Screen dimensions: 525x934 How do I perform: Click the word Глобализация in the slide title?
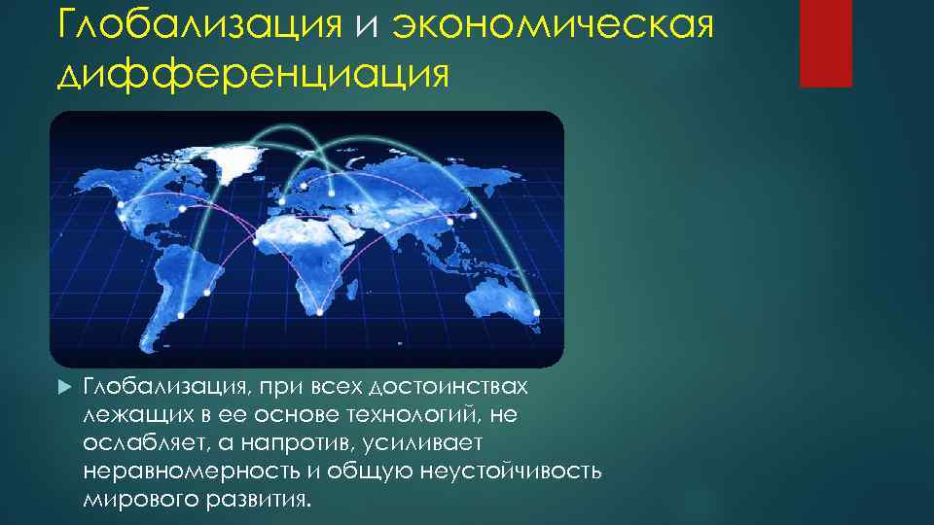coord(199,24)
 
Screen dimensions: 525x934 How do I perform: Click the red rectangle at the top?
coord(825,43)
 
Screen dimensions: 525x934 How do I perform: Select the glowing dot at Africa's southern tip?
coord(320,312)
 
